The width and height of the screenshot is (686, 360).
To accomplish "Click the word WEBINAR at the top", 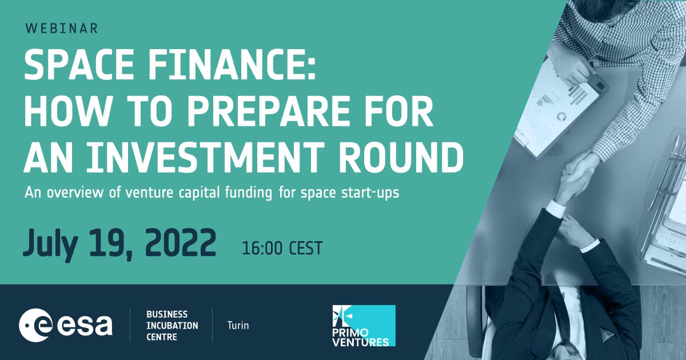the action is point(62,29).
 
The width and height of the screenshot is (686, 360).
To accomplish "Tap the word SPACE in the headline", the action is point(79,65).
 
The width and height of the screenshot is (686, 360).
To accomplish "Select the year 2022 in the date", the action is point(181,242).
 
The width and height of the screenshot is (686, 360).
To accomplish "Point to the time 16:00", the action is point(262,248).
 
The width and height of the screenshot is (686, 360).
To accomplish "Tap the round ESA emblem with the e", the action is point(35,325).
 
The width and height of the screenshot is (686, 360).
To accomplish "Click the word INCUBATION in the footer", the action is point(172,326).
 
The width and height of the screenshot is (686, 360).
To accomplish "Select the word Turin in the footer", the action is point(238,325).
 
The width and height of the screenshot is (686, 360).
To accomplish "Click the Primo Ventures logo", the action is point(364,326).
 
